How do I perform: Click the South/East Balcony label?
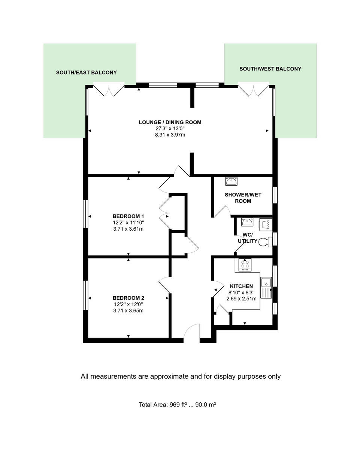86,73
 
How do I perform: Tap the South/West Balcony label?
270,69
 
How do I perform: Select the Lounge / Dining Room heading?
170,122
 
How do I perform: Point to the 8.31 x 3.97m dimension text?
170,135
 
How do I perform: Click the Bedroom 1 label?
128,216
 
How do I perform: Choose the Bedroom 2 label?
128,298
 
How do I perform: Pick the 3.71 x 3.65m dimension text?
128,310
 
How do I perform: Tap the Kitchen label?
241,286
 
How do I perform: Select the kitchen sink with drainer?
266,288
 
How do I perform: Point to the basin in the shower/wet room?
231,181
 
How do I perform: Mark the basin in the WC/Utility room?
247,222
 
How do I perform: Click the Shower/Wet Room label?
238,198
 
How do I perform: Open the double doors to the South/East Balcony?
109,90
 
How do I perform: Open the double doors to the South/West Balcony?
254,90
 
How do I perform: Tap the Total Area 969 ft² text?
177,405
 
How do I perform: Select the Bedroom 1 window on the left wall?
85,214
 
